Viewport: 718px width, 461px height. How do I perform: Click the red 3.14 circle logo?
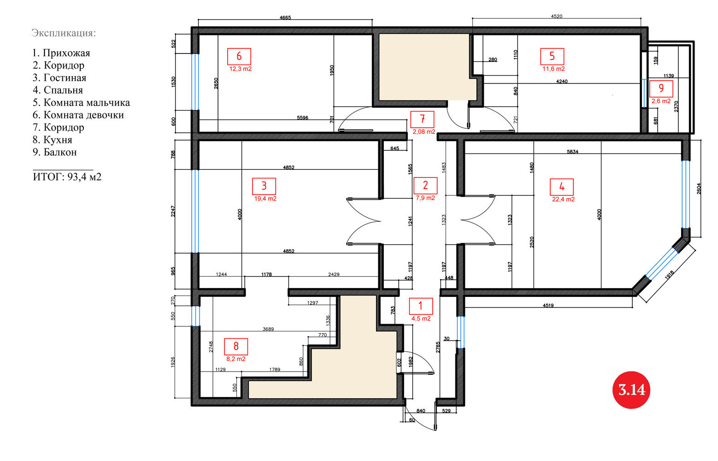click(x=631, y=390)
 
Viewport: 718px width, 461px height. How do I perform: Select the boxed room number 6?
click(x=239, y=56)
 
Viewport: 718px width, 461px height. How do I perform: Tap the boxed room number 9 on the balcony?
click(x=661, y=89)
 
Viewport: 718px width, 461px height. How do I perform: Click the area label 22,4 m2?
click(x=563, y=200)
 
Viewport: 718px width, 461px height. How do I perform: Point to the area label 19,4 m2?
click(x=265, y=199)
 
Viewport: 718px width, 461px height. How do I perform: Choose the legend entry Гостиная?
click(x=59, y=77)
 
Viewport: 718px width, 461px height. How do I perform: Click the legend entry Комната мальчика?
click(x=82, y=103)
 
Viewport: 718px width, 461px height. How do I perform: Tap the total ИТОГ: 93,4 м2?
click(x=67, y=177)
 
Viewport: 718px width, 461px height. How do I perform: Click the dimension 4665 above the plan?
click(x=285, y=18)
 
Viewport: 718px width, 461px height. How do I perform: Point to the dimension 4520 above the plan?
click(x=556, y=16)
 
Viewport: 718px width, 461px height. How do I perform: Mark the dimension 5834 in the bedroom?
click(x=572, y=152)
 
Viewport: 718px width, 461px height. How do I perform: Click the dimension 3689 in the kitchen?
click(x=268, y=329)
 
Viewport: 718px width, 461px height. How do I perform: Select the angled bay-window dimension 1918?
click(x=669, y=275)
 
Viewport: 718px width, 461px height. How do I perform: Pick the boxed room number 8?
click(x=236, y=347)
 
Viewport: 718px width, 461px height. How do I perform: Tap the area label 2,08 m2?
click(x=424, y=131)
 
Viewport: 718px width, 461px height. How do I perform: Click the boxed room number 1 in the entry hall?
click(x=421, y=306)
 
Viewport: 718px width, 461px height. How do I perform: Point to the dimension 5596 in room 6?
click(x=302, y=118)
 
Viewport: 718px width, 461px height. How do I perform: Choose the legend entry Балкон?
click(x=55, y=152)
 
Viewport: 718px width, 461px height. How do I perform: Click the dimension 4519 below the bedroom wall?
click(x=548, y=306)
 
